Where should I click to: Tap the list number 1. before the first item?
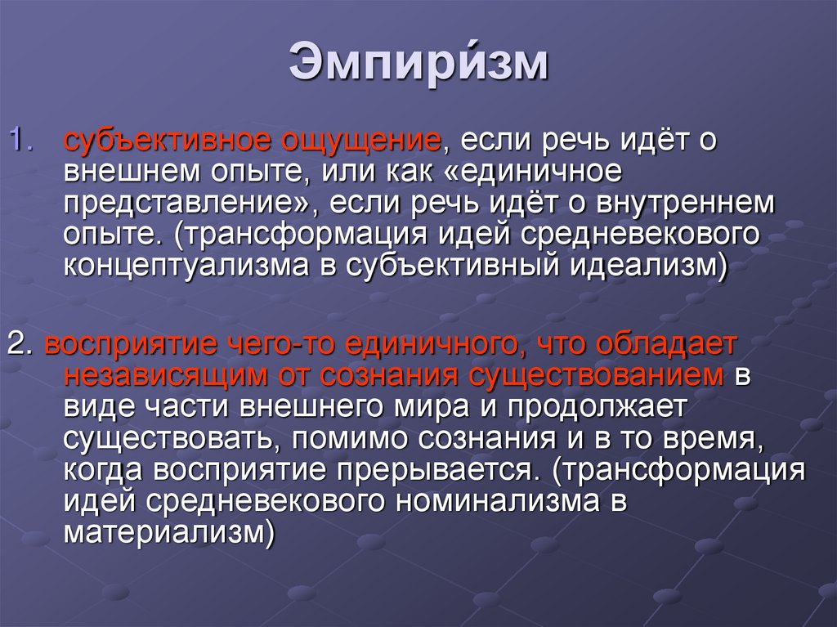pos(20,138)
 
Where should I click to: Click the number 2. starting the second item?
pos(18,345)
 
